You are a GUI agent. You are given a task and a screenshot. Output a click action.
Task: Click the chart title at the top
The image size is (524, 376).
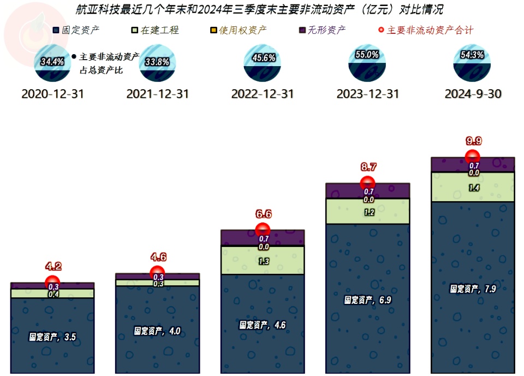(x=259, y=9)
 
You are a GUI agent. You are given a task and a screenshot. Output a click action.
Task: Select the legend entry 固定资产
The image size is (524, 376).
(x=76, y=30)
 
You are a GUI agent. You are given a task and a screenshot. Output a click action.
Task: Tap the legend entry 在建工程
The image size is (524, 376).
(x=155, y=30)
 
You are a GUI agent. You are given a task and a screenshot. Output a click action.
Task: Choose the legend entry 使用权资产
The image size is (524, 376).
(x=239, y=30)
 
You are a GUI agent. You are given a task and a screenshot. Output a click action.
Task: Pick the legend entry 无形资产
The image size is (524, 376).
(x=322, y=30)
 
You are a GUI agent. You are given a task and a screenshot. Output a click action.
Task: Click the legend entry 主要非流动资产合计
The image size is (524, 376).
(x=426, y=30)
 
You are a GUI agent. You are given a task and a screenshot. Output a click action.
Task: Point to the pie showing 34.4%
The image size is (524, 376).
(x=52, y=63)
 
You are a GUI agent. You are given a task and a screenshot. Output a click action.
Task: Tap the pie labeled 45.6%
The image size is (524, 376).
(x=263, y=63)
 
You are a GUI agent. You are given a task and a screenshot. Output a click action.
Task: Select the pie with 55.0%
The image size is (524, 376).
(x=367, y=63)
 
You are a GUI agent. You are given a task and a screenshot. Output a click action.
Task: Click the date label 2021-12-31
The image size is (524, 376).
(x=157, y=94)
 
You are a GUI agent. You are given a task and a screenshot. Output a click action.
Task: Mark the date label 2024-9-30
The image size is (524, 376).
(x=473, y=94)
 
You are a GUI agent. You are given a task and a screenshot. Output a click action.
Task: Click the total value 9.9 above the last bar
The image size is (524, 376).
(x=474, y=141)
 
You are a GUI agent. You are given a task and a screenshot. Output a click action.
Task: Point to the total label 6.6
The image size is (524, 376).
(x=264, y=214)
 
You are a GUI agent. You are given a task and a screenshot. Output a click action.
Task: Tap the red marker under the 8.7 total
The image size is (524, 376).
(x=367, y=183)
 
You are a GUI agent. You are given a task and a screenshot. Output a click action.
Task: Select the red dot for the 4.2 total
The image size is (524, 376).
(x=52, y=283)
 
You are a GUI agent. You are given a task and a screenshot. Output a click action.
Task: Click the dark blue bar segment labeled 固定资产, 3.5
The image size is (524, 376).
(x=52, y=336)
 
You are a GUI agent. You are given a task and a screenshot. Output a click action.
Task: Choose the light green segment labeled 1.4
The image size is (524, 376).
(x=473, y=187)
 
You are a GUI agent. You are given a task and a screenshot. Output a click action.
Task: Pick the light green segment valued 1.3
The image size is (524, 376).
(x=263, y=261)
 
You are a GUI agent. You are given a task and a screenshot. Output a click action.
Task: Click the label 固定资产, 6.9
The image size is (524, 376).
(x=367, y=300)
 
